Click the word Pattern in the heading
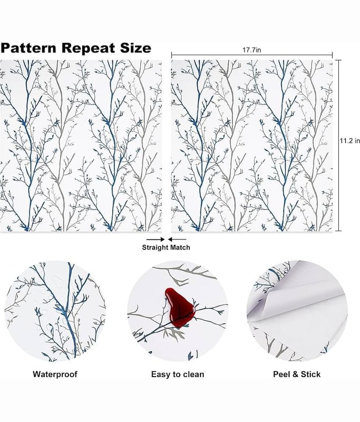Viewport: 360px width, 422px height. (x=30, y=48)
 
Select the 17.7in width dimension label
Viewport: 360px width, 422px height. (x=252, y=49)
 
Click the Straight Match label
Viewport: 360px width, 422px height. (x=166, y=247)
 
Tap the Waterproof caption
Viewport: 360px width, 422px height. (x=55, y=374)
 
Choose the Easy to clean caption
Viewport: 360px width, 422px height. (x=178, y=374)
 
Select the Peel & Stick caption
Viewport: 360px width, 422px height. (x=297, y=374)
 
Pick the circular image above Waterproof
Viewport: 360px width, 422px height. (x=55, y=311)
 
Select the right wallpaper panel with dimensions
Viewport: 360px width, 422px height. (x=252, y=146)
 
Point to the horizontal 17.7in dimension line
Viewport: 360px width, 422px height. (x=211, y=54)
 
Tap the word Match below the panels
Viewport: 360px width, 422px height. (x=179, y=247)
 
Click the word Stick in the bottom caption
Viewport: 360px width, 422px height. (x=310, y=374)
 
